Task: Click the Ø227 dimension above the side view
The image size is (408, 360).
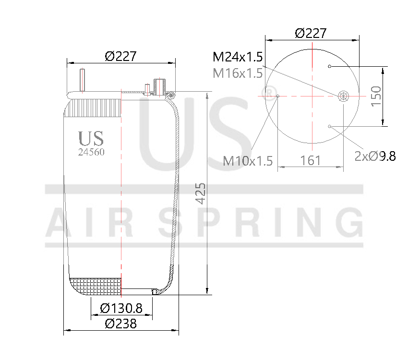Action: (x=120, y=56)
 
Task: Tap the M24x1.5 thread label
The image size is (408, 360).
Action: (x=238, y=58)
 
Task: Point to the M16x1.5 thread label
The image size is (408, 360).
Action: (x=238, y=73)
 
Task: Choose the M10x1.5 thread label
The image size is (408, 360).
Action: (x=248, y=161)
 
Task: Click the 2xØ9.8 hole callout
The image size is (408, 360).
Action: (x=375, y=156)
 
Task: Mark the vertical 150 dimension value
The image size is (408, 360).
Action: (x=375, y=96)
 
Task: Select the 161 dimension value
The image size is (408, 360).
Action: (x=311, y=160)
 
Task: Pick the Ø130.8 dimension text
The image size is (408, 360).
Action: (x=121, y=308)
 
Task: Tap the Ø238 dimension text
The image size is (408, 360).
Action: (x=120, y=324)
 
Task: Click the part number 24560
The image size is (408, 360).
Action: (x=91, y=152)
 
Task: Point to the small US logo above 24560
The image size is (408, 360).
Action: (x=91, y=139)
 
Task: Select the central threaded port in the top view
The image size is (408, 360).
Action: (x=343, y=96)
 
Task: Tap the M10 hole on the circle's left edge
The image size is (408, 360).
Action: (x=278, y=96)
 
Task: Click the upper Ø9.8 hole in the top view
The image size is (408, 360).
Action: (x=330, y=66)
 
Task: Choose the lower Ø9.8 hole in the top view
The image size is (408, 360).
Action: (x=330, y=126)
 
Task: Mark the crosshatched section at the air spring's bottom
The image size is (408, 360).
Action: (x=96, y=286)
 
